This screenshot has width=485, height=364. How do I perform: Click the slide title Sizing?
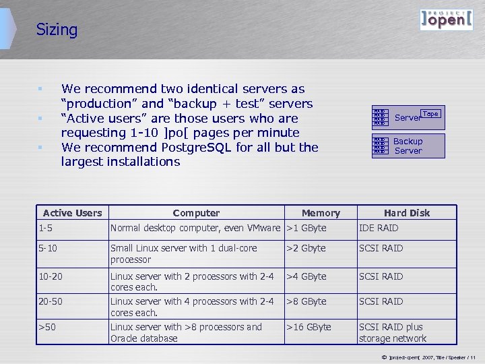(57, 30)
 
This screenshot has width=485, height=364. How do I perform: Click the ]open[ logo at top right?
(445, 20)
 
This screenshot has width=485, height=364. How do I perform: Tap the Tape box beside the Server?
(430, 114)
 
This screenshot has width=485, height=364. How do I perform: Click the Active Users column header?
(72, 213)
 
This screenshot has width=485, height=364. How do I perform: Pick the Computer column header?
(196, 213)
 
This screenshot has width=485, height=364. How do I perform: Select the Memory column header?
(321, 213)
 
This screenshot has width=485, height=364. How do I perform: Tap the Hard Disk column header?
(407, 213)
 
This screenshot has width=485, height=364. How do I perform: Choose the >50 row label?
(47, 327)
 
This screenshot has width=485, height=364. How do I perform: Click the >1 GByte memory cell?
(306, 228)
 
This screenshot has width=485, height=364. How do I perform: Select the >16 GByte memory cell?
(309, 327)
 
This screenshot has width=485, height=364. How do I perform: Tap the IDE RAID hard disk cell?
(379, 228)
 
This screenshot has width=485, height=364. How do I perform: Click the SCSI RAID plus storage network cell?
(393, 332)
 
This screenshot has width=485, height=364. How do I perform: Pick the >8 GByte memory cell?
(306, 301)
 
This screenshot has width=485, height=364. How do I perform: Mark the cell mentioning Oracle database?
(186, 332)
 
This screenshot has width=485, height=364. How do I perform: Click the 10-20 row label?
(51, 276)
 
